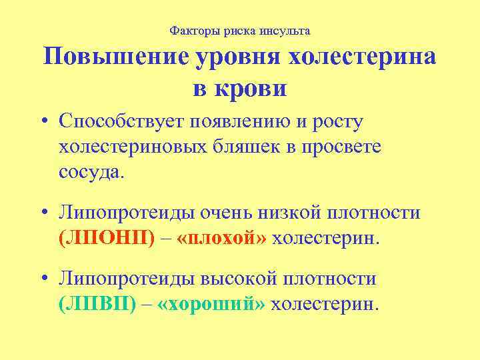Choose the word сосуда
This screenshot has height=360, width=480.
click(x=91, y=171)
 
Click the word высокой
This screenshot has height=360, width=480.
click(x=260, y=279)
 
